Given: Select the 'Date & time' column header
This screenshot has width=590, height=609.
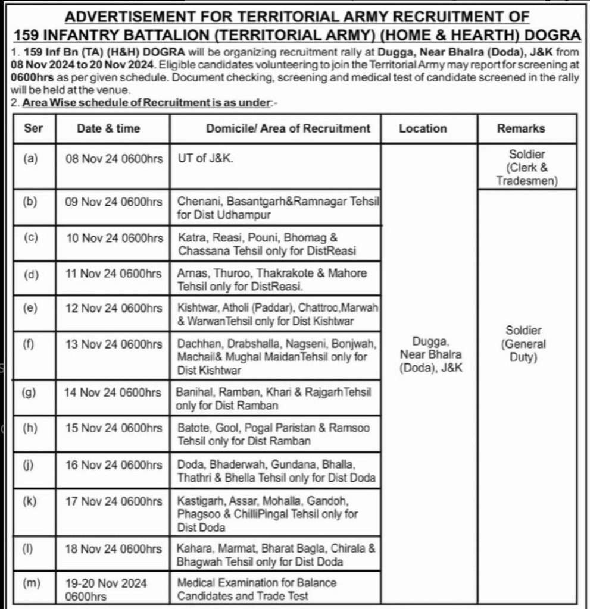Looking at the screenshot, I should [x=108, y=128].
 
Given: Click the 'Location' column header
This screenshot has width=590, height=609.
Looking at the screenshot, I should [x=423, y=128].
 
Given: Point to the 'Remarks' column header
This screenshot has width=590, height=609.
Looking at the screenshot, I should [x=521, y=128].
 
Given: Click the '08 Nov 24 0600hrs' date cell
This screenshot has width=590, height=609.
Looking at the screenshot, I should [x=114, y=159].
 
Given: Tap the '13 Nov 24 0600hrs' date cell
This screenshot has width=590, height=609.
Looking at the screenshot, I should [x=114, y=344].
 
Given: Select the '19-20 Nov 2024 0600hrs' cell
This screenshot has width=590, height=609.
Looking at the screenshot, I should [x=107, y=589].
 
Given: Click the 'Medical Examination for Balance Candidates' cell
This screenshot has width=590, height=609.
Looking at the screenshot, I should [x=257, y=589].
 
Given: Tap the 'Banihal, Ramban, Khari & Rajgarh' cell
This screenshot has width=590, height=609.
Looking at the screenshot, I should [x=274, y=399].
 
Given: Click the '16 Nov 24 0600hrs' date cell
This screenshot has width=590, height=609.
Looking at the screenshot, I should [x=114, y=464].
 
